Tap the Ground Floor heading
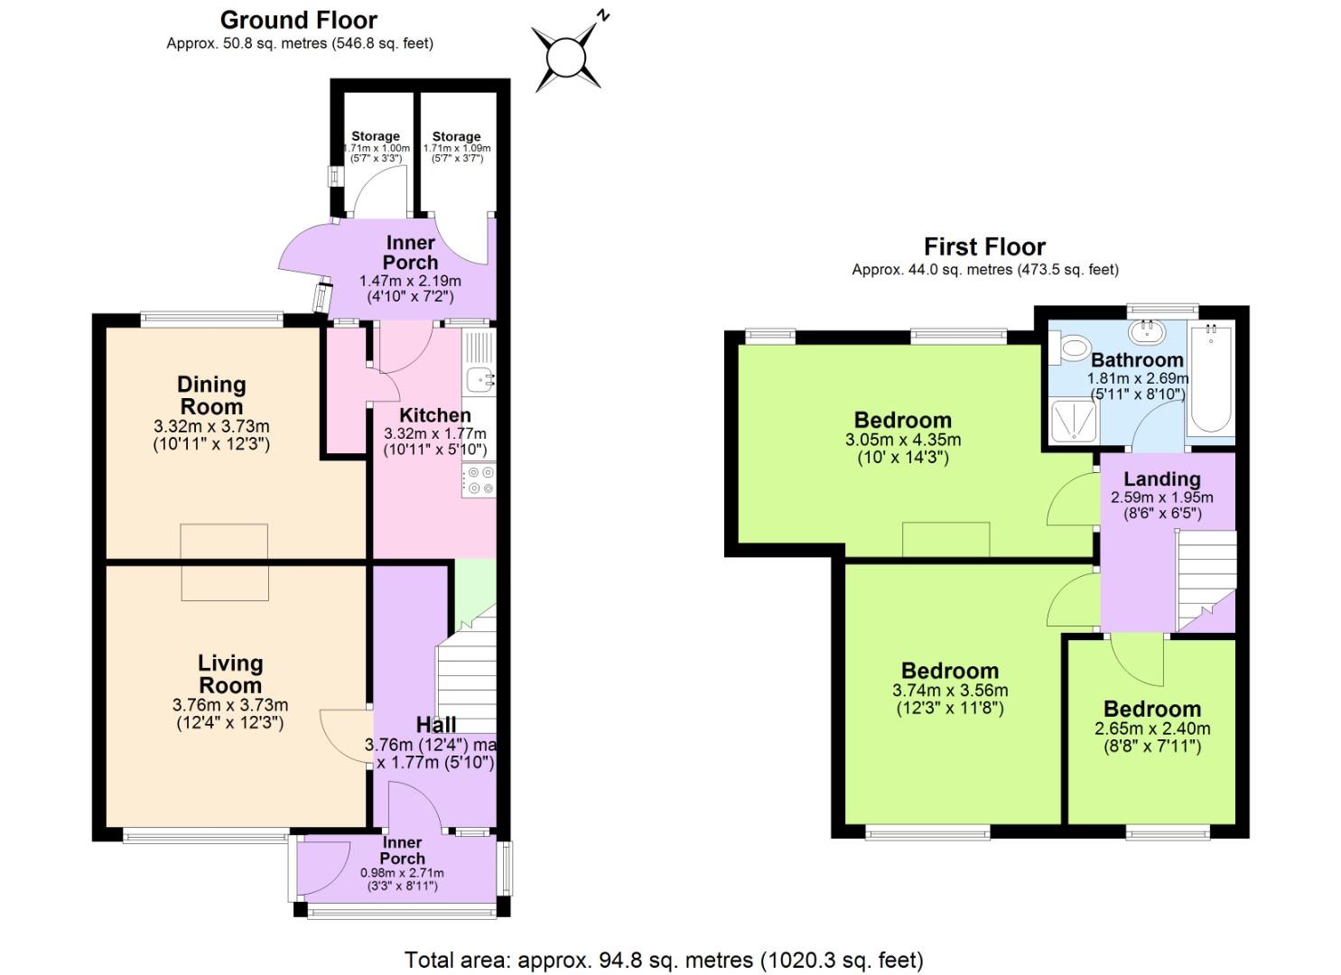(299, 20)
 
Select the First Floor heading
(984, 246)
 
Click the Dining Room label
(211, 395)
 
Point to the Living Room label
(230, 674)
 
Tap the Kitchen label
(434, 415)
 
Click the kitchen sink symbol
(478, 378)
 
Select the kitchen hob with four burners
(479, 480)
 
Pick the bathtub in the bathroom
(1210, 380)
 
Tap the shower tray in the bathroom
(1074, 422)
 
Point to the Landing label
(1161, 478)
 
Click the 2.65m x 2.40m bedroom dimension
(1152, 729)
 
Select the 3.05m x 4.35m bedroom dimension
(902, 440)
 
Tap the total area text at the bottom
(664, 960)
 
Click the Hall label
(435, 724)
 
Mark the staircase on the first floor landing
(1205, 578)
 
